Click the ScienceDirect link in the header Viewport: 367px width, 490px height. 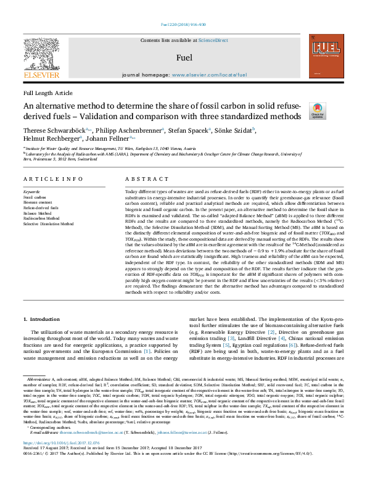(x=214, y=40)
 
